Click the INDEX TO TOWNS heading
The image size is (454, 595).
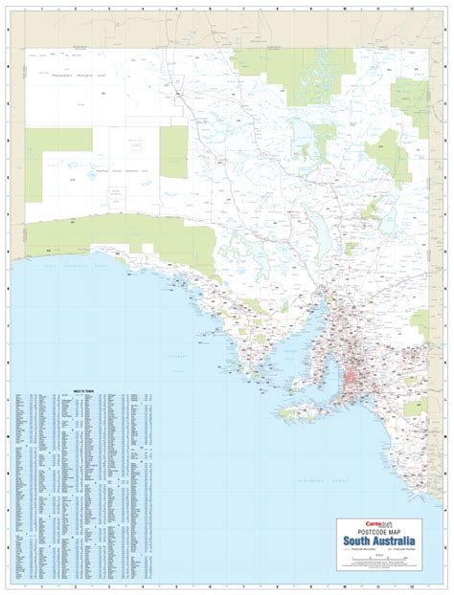click(x=83, y=392)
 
